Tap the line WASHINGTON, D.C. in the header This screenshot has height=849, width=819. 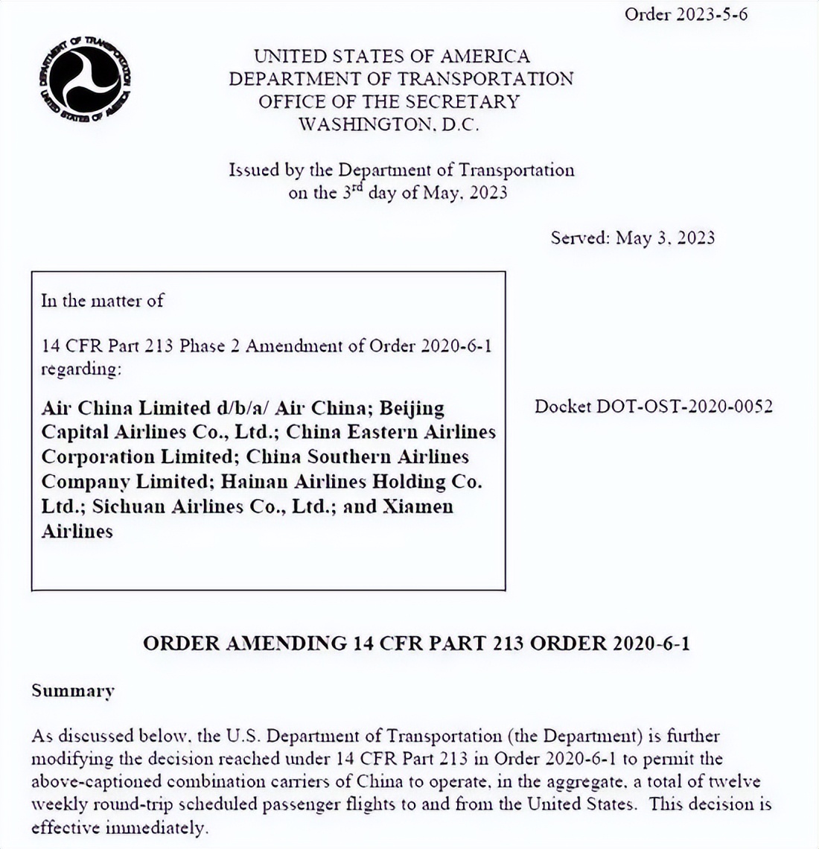389,124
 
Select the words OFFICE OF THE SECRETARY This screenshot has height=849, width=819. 389,102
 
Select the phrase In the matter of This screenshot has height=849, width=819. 102,301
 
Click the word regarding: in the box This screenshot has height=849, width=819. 80,369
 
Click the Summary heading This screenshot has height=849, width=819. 73,691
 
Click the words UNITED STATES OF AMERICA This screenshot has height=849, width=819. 392,57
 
